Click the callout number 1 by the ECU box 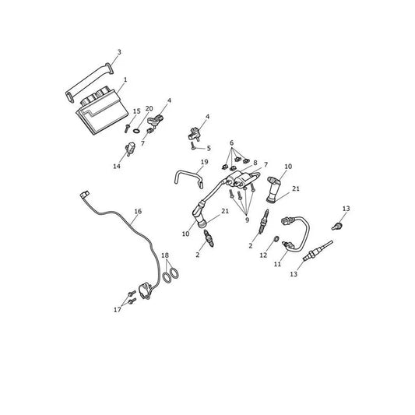(x=125, y=79)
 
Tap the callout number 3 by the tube (x=119, y=52)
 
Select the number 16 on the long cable (x=138, y=211)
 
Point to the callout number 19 (x=204, y=162)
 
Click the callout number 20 (x=149, y=108)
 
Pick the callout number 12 (x=263, y=255)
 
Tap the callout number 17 (x=118, y=310)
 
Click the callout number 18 (x=165, y=255)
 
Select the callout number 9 (x=247, y=220)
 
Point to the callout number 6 (x=232, y=143)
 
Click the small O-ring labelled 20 (x=136, y=131)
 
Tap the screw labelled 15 (x=127, y=128)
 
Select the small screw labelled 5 (x=192, y=146)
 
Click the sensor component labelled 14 (x=130, y=149)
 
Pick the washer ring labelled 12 (x=276, y=239)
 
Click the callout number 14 (x=117, y=166)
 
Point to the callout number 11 (x=277, y=264)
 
